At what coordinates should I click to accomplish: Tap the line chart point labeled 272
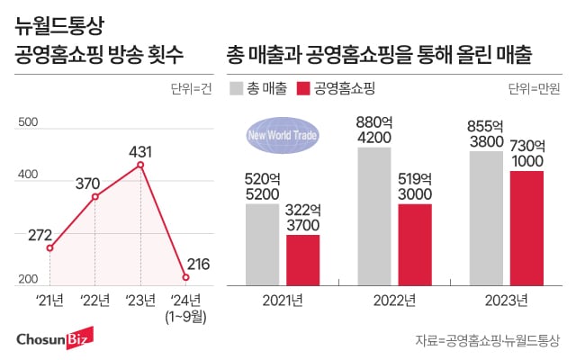50,248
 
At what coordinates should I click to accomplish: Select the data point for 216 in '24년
185,277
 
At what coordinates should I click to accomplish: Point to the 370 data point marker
95,196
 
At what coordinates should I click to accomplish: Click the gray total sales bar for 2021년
262,241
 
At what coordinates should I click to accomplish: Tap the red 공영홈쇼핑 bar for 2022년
415,241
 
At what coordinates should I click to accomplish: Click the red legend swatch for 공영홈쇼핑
302,88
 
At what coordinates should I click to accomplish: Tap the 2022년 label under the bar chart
394,301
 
